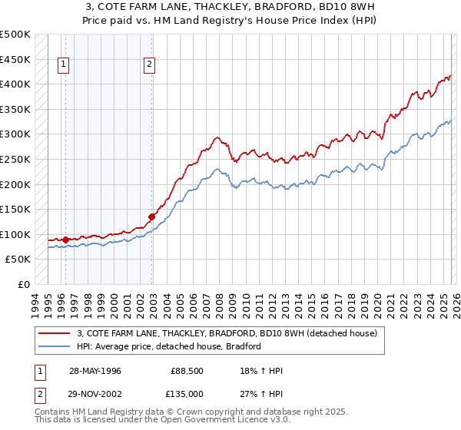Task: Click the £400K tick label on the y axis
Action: [15, 84]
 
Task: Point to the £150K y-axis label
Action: [15, 209]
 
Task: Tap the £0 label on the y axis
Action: [24, 285]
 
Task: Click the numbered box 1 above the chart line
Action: [62, 65]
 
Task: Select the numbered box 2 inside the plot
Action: [148, 65]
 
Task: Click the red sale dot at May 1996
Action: [65, 240]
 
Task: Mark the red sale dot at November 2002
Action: [151, 217]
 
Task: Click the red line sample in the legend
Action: [55, 333]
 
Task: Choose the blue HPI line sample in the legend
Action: [55, 346]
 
